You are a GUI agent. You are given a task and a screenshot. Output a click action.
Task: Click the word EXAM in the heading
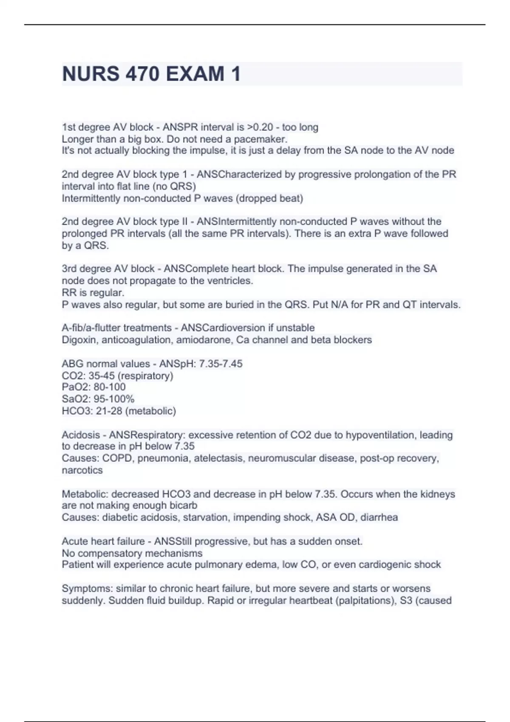[x=195, y=74]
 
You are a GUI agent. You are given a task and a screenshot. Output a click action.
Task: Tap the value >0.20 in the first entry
[x=260, y=127]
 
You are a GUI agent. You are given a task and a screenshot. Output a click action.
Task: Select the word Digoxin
[x=79, y=340]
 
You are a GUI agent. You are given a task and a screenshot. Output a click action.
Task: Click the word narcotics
[x=82, y=471]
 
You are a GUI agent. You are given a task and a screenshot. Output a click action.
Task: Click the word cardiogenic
[x=385, y=565]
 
